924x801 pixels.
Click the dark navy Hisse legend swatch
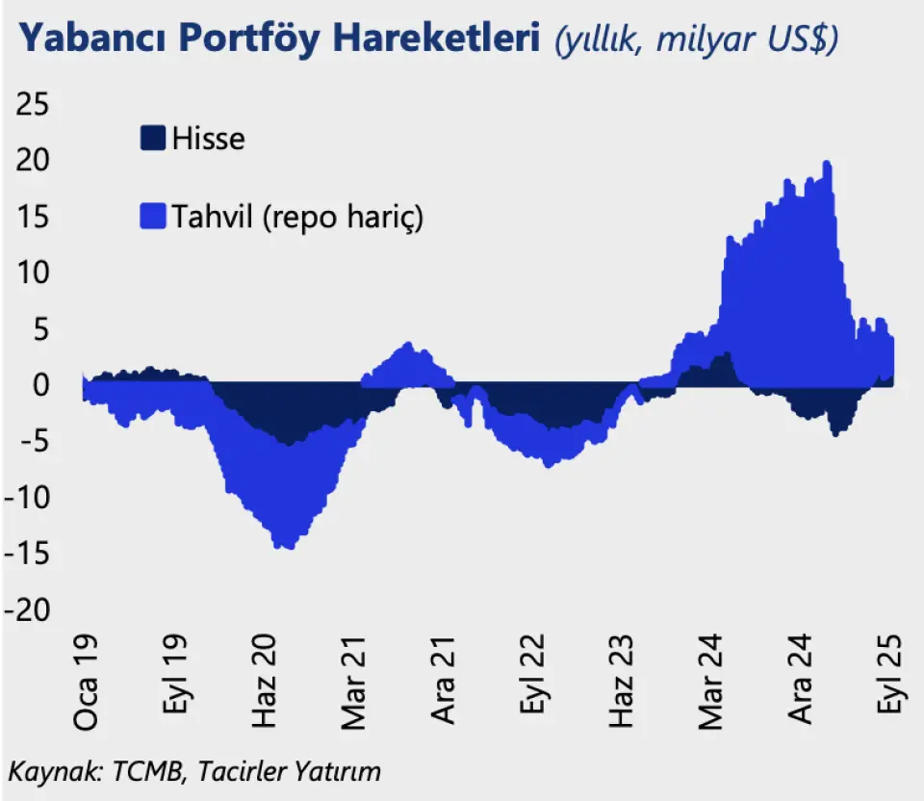click(x=153, y=138)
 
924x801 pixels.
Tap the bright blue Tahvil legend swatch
click(x=153, y=217)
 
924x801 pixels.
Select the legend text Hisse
click(x=208, y=139)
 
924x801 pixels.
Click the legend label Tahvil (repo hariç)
click(x=297, y=218)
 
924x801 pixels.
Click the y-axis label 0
click(x=41, y=385)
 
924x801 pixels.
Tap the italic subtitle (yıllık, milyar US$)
click(x=696, y=41)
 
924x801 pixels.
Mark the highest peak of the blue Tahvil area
click(x=827, y=164)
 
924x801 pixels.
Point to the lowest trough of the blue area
click(x=286, y=547)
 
